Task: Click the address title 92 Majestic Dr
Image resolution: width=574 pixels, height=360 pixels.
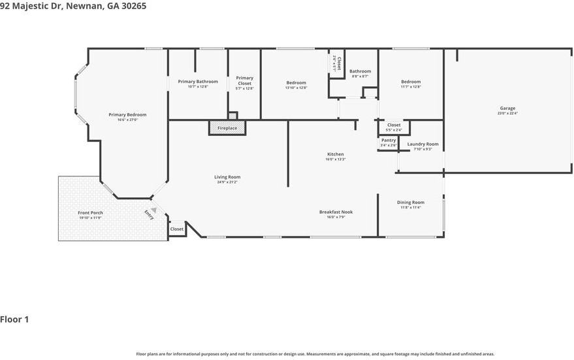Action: (73, 6)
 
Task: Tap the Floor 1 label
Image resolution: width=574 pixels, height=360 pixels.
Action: (15, 319)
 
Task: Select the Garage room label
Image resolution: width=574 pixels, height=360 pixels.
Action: (507, 108)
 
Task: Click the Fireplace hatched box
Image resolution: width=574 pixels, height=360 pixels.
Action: (227, 128)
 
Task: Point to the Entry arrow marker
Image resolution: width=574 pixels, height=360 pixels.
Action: (153, 210)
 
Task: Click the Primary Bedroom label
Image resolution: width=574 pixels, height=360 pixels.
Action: (127, 115)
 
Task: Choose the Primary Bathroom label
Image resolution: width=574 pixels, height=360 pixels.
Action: (198, 82)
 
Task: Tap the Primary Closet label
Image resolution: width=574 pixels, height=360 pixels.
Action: (244, 80)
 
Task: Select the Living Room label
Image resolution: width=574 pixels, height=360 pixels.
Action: (227, 177)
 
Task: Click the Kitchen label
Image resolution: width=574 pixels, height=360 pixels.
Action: (335, 154)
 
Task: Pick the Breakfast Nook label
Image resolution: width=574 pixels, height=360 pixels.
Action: (336, 212)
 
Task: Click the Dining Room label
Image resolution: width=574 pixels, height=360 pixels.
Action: (410, 203)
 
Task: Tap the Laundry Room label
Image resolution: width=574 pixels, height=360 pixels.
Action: (423, 144)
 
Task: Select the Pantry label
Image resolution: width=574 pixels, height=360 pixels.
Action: (388, 140)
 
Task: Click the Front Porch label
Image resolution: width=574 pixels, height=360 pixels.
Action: (90, 213)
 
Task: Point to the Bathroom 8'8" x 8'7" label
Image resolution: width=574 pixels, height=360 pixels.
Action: (360, 71)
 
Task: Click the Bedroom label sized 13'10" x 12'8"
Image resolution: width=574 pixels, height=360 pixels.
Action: (296, 83)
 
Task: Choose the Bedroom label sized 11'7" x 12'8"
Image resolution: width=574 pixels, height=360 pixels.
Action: (411, 82)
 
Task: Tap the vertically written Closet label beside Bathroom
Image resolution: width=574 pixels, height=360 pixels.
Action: (338, 63)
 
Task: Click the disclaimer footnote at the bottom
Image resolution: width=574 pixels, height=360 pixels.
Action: (315, 353)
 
